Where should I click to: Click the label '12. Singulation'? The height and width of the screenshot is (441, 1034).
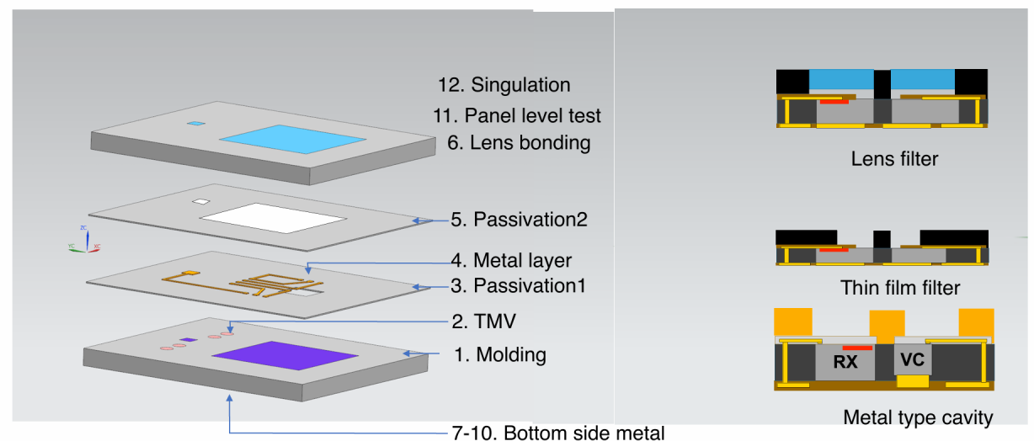(504, 85)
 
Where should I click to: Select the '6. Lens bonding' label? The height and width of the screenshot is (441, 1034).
(519, 143)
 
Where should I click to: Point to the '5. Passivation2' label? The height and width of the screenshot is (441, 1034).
(519, 220)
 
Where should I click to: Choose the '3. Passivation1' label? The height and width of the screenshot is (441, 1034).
(518, 285)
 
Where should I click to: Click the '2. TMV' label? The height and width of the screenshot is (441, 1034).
(482, 321)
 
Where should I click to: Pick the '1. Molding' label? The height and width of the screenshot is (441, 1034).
(500, 354)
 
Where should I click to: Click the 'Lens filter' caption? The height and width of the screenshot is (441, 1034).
(894, 157)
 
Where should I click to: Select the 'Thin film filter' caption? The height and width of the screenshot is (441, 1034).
(900, 288)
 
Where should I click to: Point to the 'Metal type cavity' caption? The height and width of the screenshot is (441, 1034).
(918, 417)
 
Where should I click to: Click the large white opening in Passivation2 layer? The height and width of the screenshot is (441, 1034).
(273, 219)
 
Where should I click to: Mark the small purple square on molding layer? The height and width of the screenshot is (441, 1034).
(189, 340)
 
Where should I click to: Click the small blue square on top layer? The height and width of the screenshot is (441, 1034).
(195, 124)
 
